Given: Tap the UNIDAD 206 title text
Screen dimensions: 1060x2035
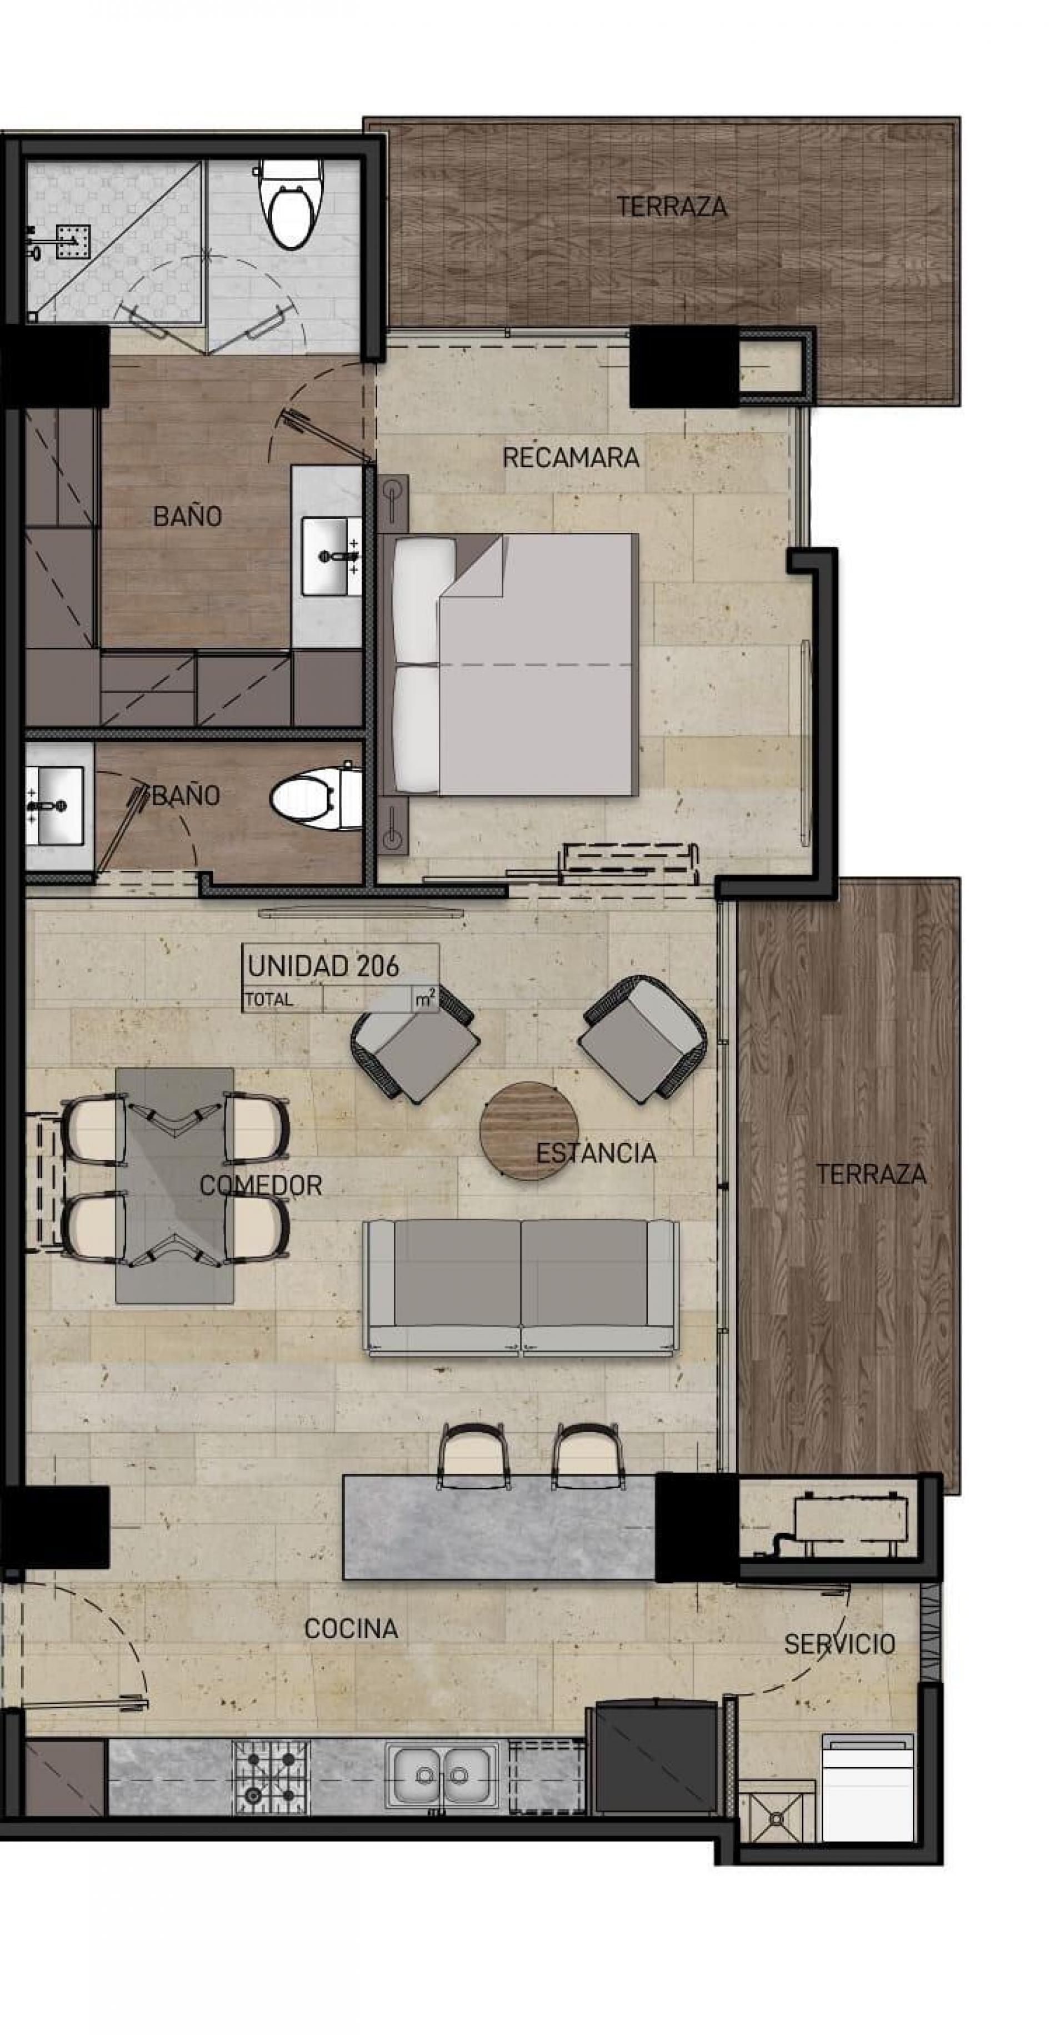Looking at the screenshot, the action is (324, 966).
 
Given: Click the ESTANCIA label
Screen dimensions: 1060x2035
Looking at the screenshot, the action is (596, 1154).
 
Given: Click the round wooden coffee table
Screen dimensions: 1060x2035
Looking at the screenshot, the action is (529, 1130).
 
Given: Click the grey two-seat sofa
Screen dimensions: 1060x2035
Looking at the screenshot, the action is (521, 1287).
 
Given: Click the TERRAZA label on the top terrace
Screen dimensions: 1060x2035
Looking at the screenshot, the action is (671, 207).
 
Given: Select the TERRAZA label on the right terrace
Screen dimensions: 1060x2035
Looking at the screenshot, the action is (871, 1175).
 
